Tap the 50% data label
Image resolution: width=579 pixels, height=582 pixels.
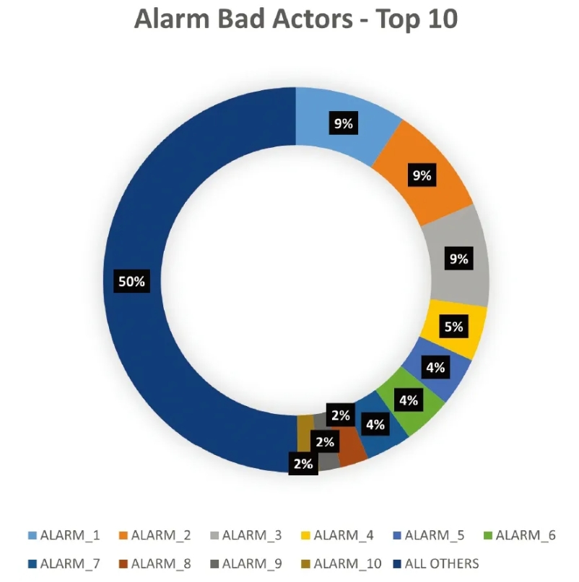tap(131, 281)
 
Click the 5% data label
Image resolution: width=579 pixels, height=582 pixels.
tap(454, 327)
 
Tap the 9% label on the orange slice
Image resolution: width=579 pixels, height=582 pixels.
tap(422, 175)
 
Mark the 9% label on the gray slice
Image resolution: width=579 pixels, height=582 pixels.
tap(459, 258)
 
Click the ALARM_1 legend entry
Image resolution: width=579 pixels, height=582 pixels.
tap(64, 535)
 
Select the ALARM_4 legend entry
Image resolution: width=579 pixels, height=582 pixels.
tap(337, 535)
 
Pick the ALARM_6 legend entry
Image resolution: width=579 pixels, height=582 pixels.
tap(520, 535)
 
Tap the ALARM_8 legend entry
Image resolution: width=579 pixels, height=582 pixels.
tap(155, 564)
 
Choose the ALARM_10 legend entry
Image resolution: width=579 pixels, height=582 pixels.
tap(341, 564)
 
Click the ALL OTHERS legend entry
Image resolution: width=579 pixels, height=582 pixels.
tap(436, 564)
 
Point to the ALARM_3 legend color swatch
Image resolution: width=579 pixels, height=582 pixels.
tap(214, 536)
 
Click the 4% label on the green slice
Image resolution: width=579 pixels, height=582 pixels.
tap(409, 400)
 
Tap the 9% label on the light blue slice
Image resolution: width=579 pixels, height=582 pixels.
tap(344, 123)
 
